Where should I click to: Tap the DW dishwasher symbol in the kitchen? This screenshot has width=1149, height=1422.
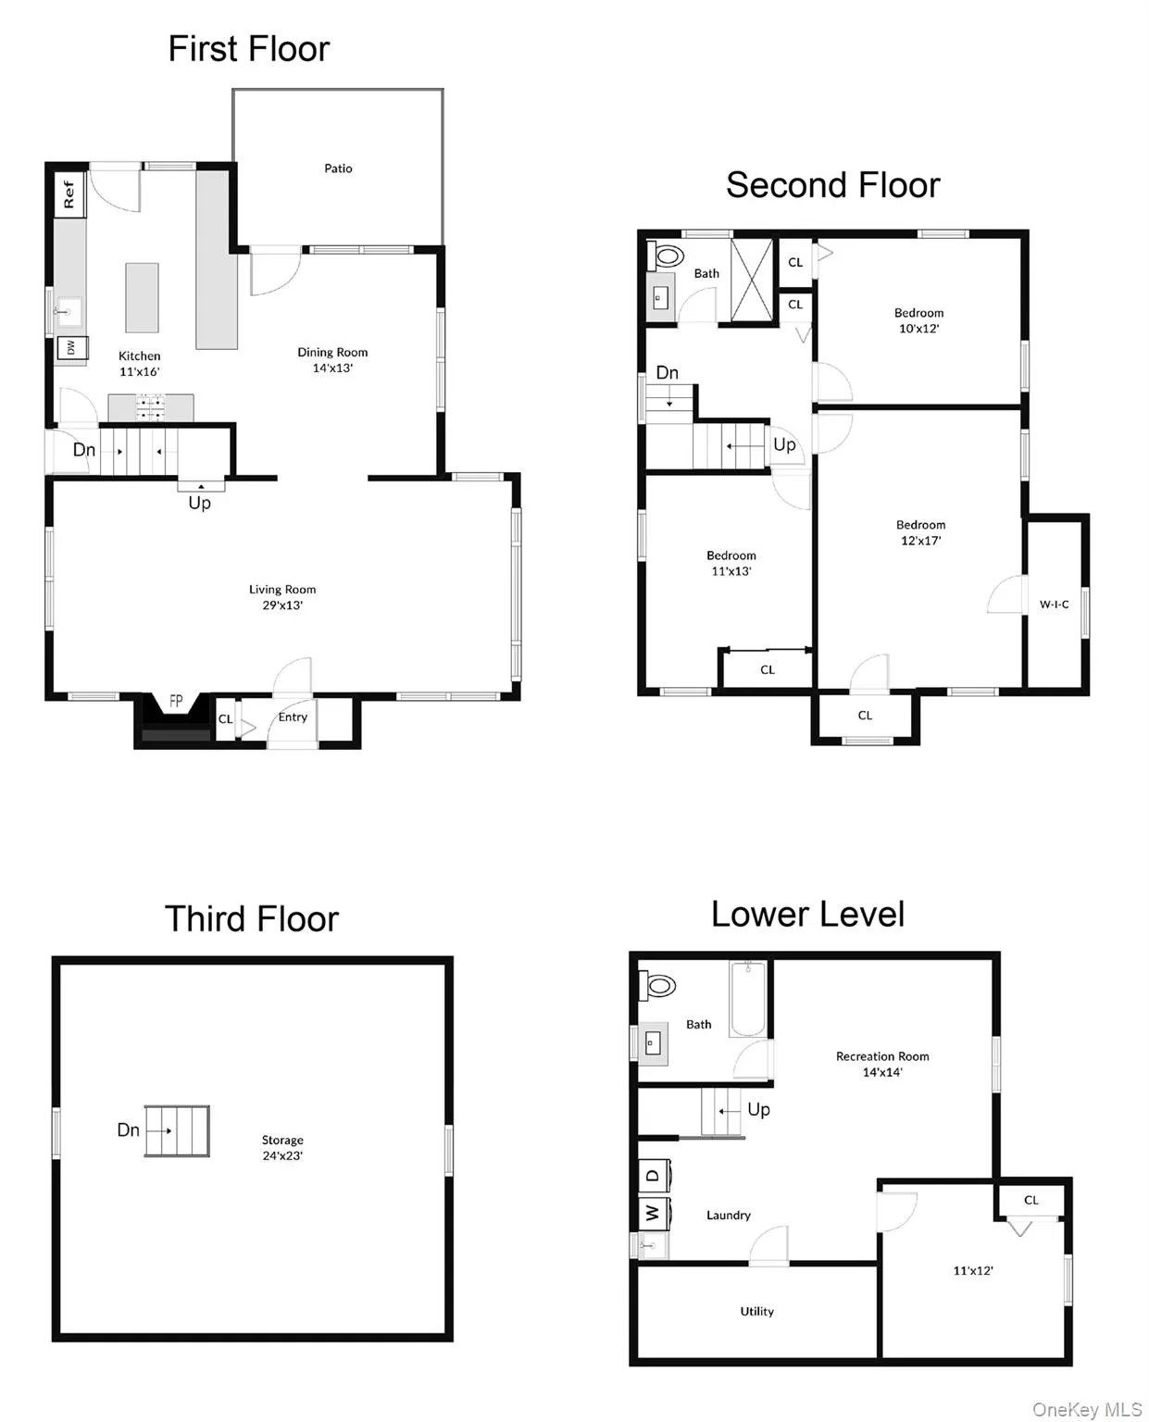(70, 348)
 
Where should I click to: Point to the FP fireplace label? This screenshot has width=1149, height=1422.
(175, 702)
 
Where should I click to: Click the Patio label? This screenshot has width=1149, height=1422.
(338, 168)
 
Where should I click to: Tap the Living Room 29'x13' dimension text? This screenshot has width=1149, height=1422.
(282, 605)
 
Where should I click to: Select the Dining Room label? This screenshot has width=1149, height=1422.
(332, 352)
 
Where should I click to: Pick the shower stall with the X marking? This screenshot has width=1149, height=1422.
(752, 281)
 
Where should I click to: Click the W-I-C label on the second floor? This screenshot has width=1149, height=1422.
(1054, 605)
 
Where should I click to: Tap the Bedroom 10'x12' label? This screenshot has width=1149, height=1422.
(918, 320)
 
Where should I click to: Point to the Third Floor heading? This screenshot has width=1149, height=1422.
(252, 919)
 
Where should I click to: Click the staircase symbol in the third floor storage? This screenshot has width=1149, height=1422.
(177, 1130)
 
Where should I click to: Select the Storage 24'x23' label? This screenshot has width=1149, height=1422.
(282, 1148)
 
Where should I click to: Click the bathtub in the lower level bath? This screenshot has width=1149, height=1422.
(748, 1000)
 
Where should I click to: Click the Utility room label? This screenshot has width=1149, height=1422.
(756, 1311)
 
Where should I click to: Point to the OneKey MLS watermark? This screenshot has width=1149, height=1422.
(1086, 1409)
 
